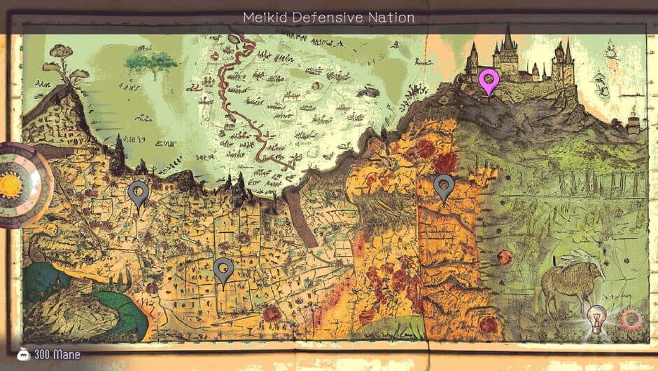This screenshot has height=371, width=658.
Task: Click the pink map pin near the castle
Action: coord(489,81)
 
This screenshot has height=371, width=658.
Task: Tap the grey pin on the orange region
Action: coord(444,187)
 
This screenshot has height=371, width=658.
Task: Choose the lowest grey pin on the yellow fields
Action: coord(223,271)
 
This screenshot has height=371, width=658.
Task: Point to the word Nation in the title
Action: coord(392,17)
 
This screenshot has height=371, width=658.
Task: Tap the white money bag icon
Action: coord(23,354)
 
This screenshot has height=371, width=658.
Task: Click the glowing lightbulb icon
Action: coord(596,317)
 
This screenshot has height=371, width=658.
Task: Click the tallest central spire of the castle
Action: coord(507,42)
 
